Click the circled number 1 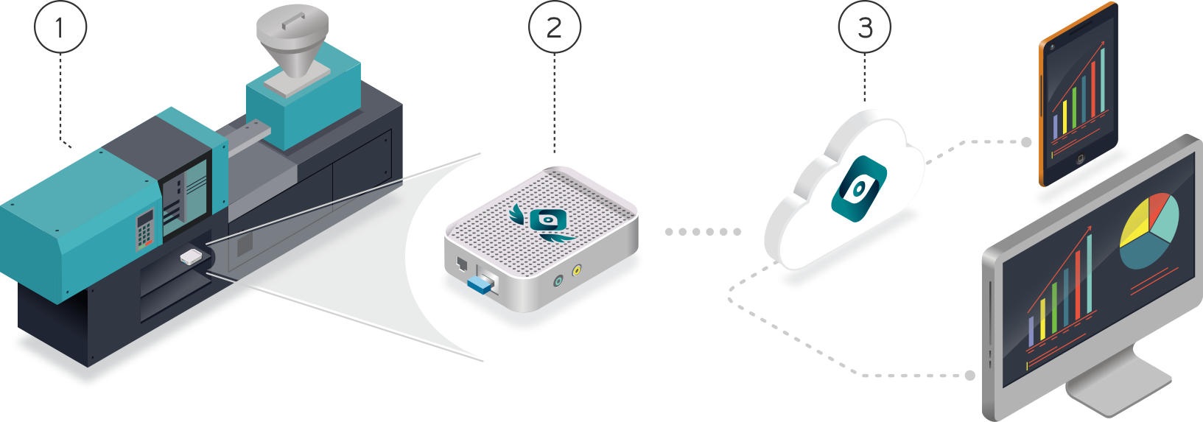pyautogui.click(x=60, y=27)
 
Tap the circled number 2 pyautogui.click(x=554, y=27)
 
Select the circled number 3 pyautogui.click(x=864, y=27)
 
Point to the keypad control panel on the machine pyautogui.click(x=145, y=229)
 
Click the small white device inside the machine pyautogui.click(x=190, y=257)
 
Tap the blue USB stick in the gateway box pyautogui.click(x=480, y=284)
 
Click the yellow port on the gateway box pyautogui.click(x=577, y=270)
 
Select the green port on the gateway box pyautogui.click(x=558, y=280)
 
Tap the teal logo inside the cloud pyautogui.click(x=858, y=189)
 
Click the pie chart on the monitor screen pyautogui.click(x=1148, y=230)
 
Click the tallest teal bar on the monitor pyautogui.click(x=1089, y=272)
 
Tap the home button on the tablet pyautogui.click(x=1081, y=158)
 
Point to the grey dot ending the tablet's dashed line pyautogui.click(x=1026, y=142)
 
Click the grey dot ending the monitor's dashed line pyautogui.click(x=970, y=376)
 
